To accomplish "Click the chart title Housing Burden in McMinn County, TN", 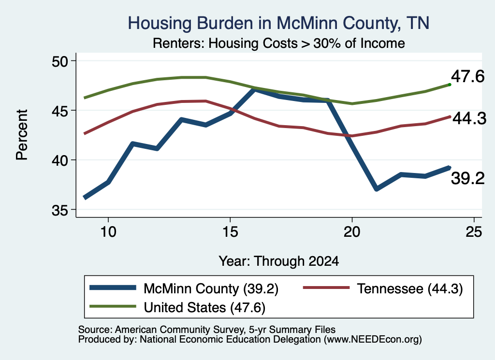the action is click(278, 23).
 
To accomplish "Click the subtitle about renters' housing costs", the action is click(279, 43).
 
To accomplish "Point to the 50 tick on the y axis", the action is click(60, 61).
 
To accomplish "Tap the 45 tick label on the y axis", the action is click(60, 111).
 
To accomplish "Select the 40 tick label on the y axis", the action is click(60, 160).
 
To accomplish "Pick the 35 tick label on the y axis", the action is click(60, 210).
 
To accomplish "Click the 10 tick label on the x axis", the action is click(108, 232).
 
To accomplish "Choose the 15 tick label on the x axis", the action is click(230, 232).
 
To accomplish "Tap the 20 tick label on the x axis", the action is click(352, 232).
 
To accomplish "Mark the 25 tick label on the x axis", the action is click(474, 232).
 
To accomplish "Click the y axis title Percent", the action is click(22, 135).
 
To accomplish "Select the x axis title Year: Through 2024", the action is click(279, 261).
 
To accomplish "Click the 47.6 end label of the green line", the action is click(467, 77).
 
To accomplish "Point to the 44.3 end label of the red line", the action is click(469, 119).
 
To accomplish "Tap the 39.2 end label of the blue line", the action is click(467, 179).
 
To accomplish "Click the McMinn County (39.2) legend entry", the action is click(184, 288).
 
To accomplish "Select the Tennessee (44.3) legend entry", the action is click(383, 288).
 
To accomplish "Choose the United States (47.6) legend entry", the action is click(177, 307).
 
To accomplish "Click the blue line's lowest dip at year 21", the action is click(376, 188).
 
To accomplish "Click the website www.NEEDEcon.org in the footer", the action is click(373, 340).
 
